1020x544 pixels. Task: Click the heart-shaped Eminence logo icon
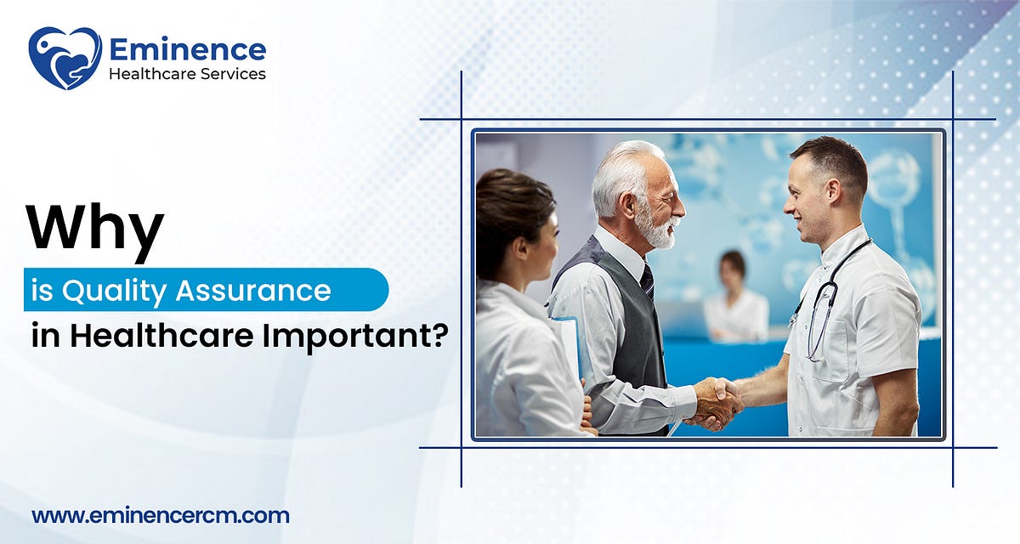(x=65, y=58)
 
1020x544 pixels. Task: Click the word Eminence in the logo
(x=187, y=48)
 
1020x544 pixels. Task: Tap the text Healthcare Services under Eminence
(x=187, y=74)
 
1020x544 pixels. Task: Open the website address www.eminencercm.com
(x=161, y=515)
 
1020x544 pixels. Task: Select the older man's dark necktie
(x=648, y=279)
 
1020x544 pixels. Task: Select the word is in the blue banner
(x=41, y=291)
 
